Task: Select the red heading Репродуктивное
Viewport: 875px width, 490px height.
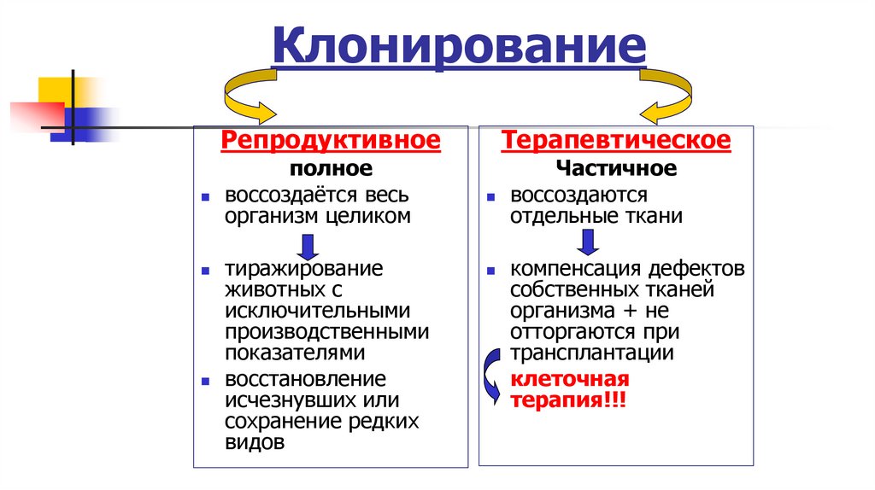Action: [x=331, y=140]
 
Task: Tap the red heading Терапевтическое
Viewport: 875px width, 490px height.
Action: [x=616, y=140]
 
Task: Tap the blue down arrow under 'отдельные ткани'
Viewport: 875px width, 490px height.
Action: [x=587, y=242]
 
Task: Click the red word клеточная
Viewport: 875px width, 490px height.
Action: [x=569, y=379]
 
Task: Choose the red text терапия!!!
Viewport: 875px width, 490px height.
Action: [x=568, y=400]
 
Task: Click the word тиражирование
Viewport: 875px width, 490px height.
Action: [x=303, y=269]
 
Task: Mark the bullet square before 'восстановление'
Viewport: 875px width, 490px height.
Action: [x=205, y=379]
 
